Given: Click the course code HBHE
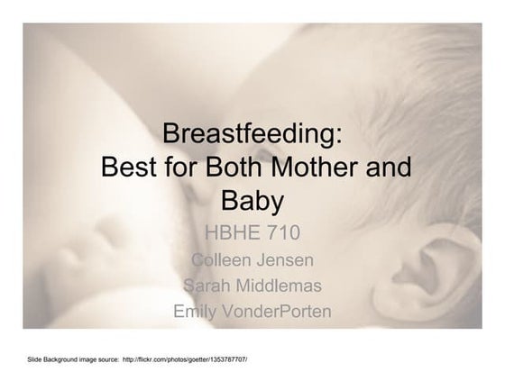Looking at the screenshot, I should tap(231, 235).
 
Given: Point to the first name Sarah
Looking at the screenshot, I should tap(207, 286).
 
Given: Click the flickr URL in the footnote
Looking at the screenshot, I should tap(185, 359).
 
